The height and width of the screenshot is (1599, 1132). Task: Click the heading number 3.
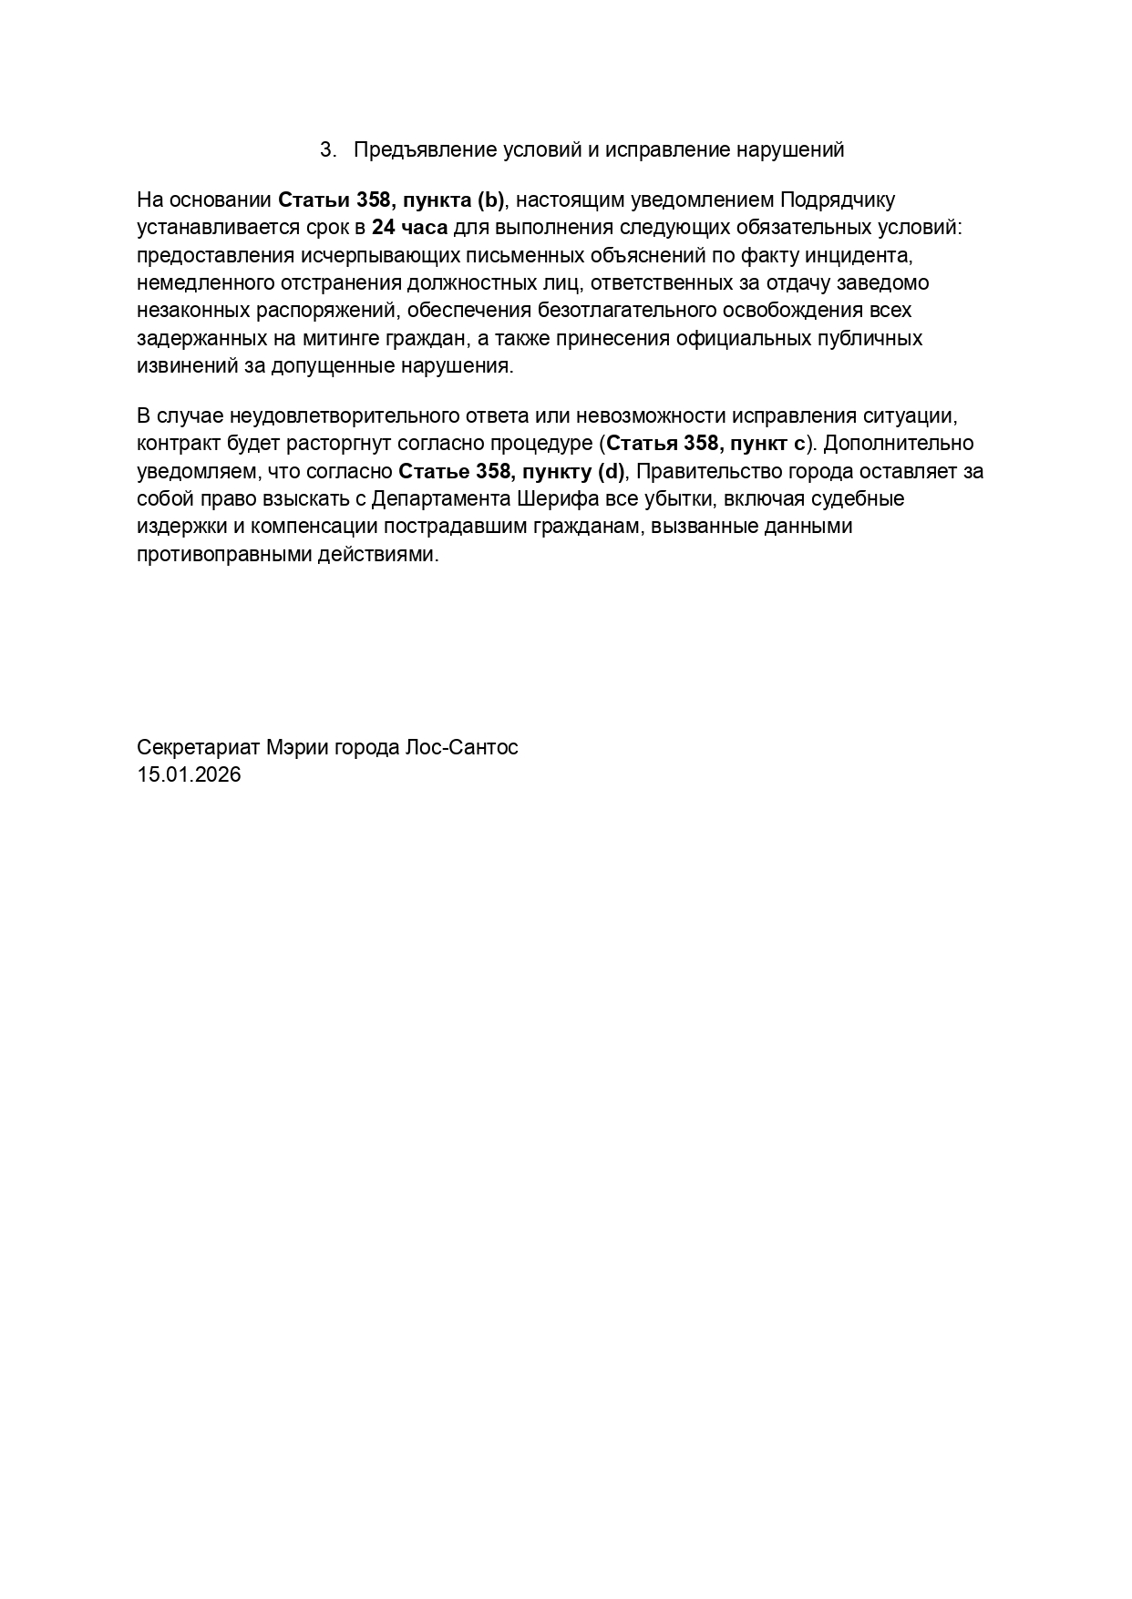[327, 150]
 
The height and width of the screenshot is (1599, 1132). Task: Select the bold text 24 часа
[410, 227]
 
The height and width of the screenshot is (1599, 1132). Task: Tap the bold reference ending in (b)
[391, 200]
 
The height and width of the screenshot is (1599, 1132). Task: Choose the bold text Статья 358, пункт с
[706, 444]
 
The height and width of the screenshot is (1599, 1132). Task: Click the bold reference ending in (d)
[512, 472]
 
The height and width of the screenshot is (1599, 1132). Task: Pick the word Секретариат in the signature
[199, 748]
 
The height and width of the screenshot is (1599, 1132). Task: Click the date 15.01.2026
[189, 775]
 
